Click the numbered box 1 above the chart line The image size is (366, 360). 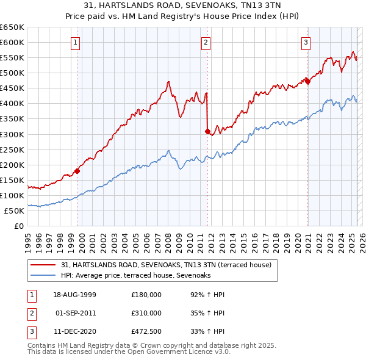point(74,42)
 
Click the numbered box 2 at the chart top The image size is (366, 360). point(206,42)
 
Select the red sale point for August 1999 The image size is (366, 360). point(77,171)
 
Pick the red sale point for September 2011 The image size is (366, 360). point(208,131)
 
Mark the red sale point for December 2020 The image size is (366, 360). point(308,81)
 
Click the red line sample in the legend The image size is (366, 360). point(43,265)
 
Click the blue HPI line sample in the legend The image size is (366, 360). point(43,276)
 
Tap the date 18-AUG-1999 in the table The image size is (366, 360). point(74,295)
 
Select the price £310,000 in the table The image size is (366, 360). point(146,313)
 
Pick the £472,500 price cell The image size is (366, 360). point(146,331)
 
